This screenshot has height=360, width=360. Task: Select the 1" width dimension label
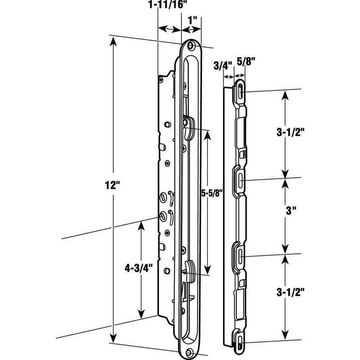click(193, 21)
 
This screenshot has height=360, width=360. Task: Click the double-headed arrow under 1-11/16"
click(169, 29)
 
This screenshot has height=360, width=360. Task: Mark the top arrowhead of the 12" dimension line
click(112, 41)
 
